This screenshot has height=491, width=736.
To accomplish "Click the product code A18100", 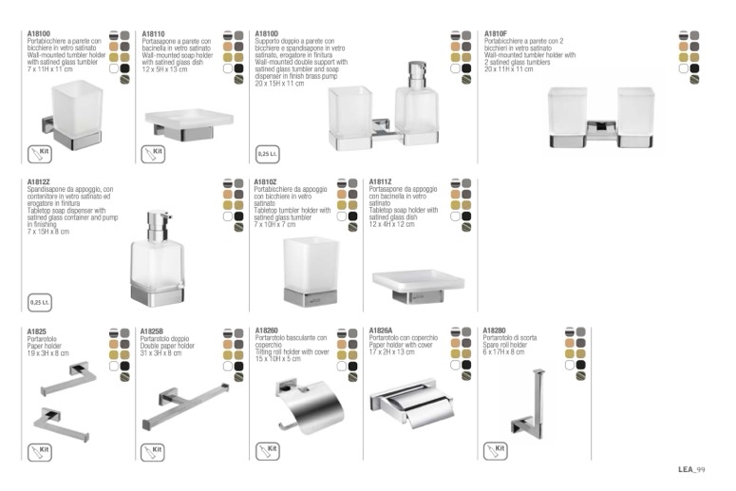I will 39,33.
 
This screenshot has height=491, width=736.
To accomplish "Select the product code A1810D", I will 267,33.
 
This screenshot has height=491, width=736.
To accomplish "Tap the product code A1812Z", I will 39,181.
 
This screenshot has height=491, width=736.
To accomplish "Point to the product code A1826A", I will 382,330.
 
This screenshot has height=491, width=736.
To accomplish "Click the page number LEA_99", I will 691,469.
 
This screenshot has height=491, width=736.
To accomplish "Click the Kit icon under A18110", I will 153,152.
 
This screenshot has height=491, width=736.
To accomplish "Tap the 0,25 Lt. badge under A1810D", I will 267,152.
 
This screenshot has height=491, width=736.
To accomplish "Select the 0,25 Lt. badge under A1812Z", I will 40,302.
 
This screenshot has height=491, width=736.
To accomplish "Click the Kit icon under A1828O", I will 495,450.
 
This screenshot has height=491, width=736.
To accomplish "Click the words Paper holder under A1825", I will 45,347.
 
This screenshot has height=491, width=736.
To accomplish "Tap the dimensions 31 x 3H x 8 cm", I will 160,352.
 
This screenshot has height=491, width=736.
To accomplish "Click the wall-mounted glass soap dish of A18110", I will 189,120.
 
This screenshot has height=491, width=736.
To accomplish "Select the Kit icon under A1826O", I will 267,450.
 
